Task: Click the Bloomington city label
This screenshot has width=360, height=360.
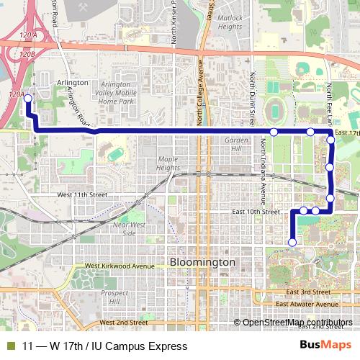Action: point(202,263)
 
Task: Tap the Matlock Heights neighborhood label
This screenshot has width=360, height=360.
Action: point(230,22)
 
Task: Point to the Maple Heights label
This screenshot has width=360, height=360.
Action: point(168,163)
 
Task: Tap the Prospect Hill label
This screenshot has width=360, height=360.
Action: point(114,297)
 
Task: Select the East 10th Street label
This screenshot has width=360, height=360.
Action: point(256,212)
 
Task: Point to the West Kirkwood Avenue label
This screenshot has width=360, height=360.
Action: point(119,266)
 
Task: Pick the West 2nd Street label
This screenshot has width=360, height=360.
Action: point(123,323)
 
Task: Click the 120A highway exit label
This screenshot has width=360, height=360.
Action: point(28,35)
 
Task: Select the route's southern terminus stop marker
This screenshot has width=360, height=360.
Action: point(292,243)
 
